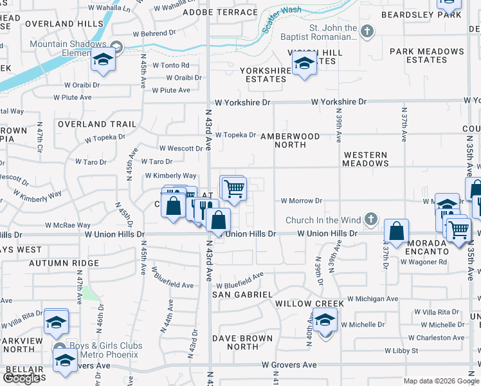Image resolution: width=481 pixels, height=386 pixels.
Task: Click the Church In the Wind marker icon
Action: point(370,220)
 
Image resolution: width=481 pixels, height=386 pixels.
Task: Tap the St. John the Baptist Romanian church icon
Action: point(367,31)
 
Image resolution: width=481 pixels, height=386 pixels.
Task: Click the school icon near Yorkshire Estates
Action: point(304,63)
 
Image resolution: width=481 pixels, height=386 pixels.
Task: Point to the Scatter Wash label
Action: point(281,20)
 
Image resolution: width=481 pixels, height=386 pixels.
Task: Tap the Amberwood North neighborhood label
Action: point(290,140)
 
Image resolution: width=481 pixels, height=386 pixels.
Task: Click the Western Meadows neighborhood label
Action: point(365,160)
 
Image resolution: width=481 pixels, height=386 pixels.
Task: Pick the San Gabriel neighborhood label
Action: point(242,294)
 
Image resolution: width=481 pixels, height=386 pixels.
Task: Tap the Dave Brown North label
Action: point(235,342)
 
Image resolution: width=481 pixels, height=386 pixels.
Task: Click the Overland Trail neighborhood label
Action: point(96,124)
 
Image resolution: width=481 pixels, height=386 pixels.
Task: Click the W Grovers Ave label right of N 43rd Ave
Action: point(289,365)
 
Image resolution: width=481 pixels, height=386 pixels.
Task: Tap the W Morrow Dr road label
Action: point(301,201)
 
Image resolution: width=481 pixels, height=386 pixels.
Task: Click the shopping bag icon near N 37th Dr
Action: point(397,231)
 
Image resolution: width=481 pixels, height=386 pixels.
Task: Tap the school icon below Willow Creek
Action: point(325,320)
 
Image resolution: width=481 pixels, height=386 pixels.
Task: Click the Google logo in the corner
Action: point(21,378)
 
